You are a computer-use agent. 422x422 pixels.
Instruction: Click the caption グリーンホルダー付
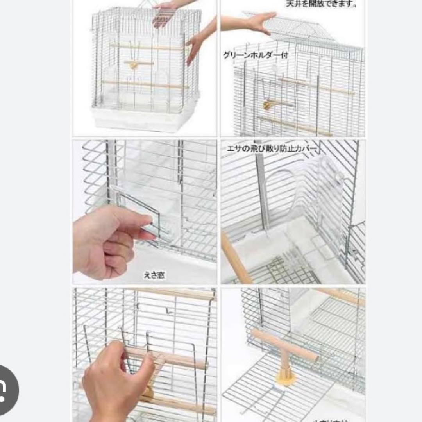(x=256, y=55)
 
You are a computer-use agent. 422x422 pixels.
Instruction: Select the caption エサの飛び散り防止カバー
(x=272, y=149)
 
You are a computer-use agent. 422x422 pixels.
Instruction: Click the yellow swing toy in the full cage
(x=134, y=65)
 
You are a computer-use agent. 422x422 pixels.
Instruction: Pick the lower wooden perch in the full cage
(x=145, y=84)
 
